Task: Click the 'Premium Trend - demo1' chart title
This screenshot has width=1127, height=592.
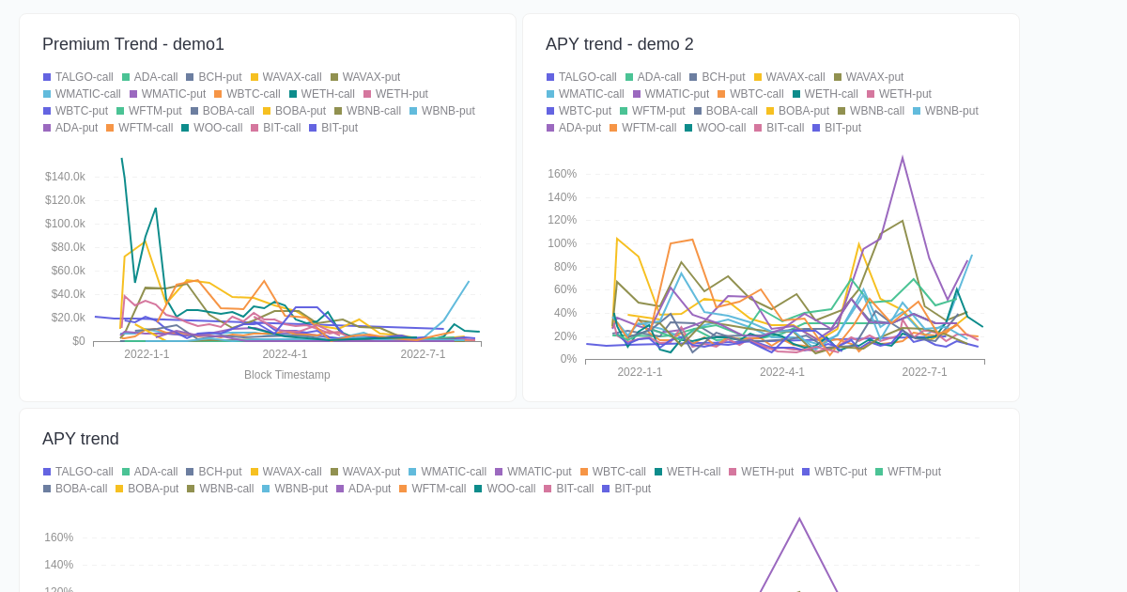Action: pos(133,44)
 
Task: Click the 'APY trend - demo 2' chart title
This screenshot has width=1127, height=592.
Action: pos(619,44)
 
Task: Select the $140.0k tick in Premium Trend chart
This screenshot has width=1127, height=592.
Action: pos(65,177)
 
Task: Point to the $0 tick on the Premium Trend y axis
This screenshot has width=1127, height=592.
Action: pos(78,341)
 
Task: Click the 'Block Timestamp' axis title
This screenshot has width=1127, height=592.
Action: pos(286,375)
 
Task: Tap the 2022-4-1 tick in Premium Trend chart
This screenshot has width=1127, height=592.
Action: pos(285,354)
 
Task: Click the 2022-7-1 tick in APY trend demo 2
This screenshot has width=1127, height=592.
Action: pos(924,372)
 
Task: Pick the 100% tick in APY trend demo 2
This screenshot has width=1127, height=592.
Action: pos(562,243)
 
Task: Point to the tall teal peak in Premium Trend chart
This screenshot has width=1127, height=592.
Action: pos(122,159)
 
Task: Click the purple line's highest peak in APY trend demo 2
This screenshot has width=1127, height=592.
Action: pos(903,158)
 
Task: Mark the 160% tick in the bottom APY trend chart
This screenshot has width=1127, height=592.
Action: pos(58,537)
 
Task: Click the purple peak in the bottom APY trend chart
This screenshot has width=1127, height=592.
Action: pos(799,520)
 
